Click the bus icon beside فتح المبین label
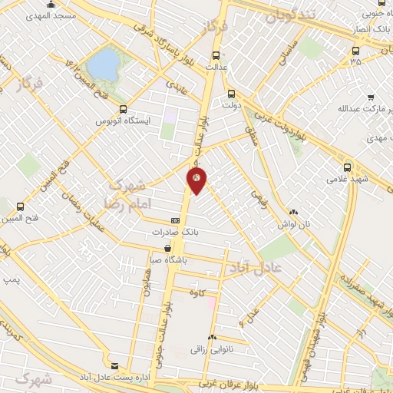(20, 206)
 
